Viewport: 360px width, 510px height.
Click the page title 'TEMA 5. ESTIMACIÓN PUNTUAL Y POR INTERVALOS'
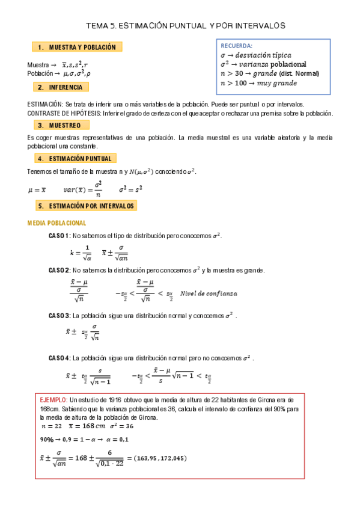pos(186,26)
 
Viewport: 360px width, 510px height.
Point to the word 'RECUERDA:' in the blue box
pos(237,46)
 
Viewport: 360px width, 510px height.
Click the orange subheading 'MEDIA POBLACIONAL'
pos(57,223)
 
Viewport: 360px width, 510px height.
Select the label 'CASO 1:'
pos(59,236)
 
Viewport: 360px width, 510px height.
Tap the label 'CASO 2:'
pos(59,270)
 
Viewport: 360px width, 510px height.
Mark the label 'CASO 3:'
pos(59,315)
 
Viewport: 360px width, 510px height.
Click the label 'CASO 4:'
pos(59,357)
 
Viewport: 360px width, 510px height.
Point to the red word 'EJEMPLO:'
pos(53,399)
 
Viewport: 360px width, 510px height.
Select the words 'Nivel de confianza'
pos(209,293)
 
